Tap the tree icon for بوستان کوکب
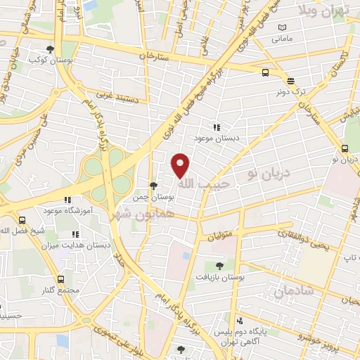(49, 49)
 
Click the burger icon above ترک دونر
(290, 79)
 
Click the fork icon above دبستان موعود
(217, 127)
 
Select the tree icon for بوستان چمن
(153, 186)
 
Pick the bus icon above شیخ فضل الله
(22, 219)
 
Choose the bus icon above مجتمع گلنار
(60, 280)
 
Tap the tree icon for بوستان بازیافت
(219, 266)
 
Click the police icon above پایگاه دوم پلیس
(239, 319)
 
